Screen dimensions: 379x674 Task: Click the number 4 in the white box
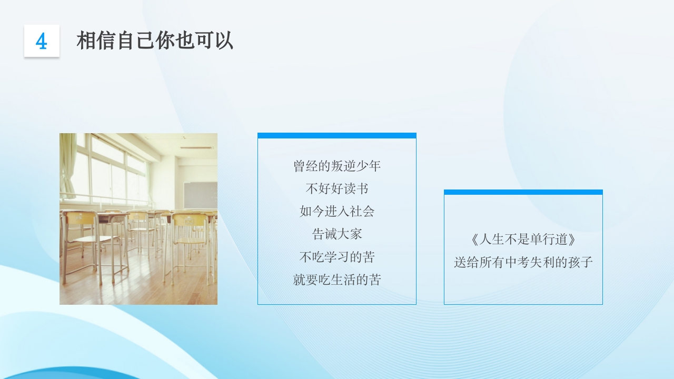(x=42, y=41)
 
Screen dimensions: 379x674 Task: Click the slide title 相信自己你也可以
(x=155, y=41)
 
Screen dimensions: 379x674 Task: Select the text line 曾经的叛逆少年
(x=337, y=166)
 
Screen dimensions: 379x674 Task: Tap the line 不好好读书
(x=337, y=188)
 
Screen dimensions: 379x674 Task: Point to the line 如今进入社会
(x=337, y=212)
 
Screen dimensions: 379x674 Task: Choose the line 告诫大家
(x=337, y=234)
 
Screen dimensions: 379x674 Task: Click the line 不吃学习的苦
(x=337, y=257)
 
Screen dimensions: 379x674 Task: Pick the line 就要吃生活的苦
(x=337, y=280)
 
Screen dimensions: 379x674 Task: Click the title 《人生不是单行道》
(x=523, y=240)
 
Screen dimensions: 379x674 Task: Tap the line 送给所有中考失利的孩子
(x=523, y=262)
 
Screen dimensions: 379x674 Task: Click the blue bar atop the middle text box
(x=337, y=136)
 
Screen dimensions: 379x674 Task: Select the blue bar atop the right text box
(x=523, y=192)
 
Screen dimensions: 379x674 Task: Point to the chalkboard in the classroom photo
(x=201, y=195)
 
